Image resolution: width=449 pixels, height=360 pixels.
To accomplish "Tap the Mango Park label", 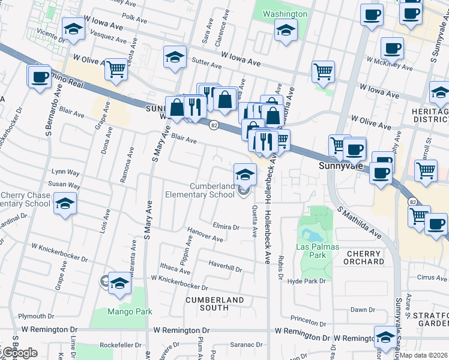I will coord(130,311).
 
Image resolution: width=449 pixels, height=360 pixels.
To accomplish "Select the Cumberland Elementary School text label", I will coord(204,191).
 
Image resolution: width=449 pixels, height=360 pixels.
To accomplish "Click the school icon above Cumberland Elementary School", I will coord(244,175).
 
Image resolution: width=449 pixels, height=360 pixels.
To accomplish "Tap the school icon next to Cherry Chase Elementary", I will coord(65,203).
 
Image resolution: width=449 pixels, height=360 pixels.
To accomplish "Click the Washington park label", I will coord(285,14).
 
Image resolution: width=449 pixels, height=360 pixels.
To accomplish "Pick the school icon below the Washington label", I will coord(286,29).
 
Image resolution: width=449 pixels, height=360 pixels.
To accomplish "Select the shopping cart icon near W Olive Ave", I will coord(116,68).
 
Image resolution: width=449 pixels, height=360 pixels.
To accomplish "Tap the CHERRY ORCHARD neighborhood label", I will coord(364,258).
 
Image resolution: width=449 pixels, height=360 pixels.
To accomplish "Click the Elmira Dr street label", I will coord(226,227).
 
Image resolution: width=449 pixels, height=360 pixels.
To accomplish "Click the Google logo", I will coord(19,353).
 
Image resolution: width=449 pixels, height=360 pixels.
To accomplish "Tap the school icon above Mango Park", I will coord(119,283).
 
